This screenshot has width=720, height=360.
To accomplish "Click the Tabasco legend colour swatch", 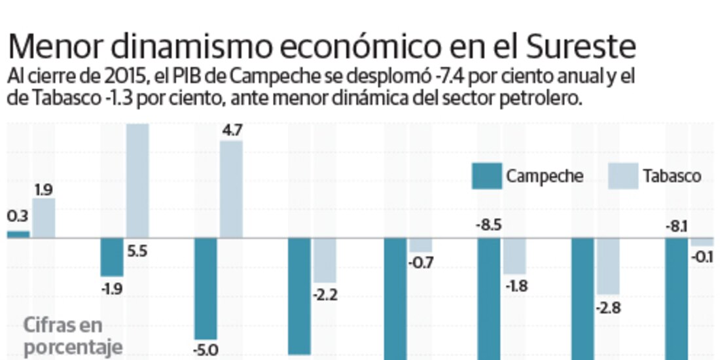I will [623, 176].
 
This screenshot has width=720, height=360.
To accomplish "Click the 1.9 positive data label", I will [43, 190].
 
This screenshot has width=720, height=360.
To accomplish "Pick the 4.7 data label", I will [232, 130].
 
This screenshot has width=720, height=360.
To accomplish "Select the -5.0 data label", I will [207, 350].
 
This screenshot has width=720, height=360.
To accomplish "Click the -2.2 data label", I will [325, 295].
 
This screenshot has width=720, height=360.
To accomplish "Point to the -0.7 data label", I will [421, 263].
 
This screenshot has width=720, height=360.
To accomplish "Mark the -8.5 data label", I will [489, 226].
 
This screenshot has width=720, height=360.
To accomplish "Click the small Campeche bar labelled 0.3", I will [18, 234].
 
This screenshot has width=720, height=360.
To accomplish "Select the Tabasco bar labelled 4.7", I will [231, 189].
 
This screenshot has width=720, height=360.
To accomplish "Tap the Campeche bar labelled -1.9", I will [112, 257].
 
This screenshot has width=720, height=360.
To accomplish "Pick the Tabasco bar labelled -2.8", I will [608, 266].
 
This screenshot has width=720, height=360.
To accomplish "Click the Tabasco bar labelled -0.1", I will [702, 242].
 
